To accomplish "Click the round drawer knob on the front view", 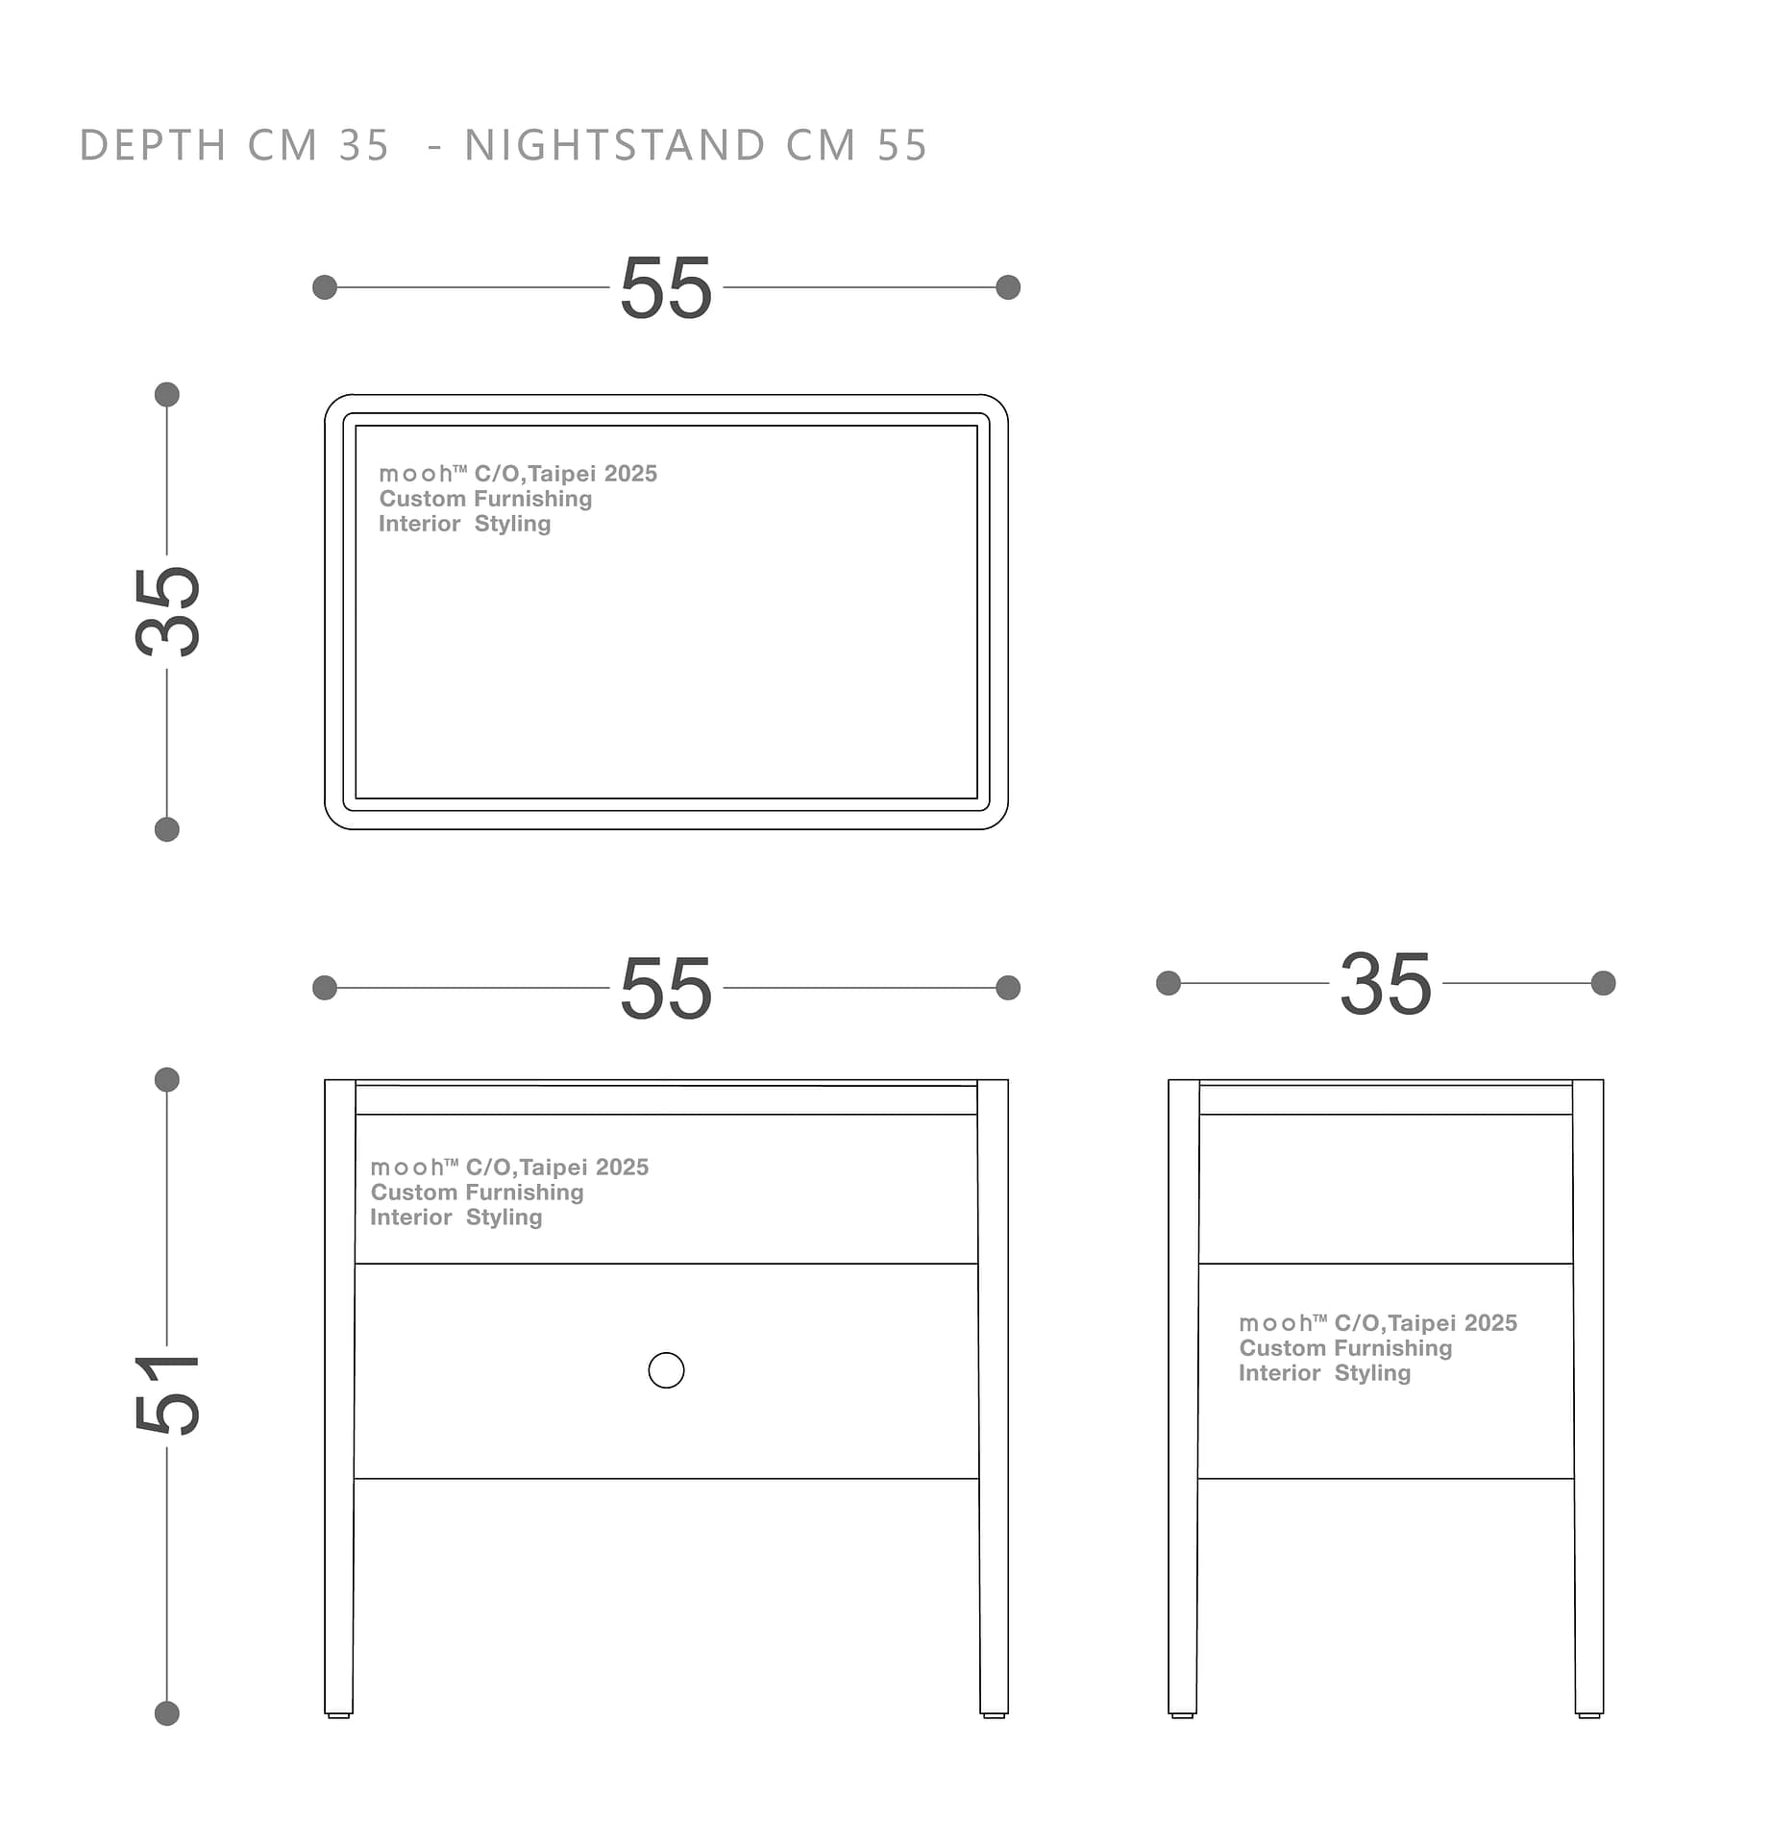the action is coord(666,1370).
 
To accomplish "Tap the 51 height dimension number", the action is coord(168,1394).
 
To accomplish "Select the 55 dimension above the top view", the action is coord(666,288).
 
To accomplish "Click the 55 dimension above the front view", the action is coord(666,989).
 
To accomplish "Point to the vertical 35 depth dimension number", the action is coord(168,611).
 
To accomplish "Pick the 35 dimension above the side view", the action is coord(1386,984).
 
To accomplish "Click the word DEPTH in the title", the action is coord(153,146).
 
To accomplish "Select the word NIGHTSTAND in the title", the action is coord(615,146).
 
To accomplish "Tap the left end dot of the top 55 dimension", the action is coord(325,287).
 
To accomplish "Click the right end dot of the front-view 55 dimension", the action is coord(1008,988).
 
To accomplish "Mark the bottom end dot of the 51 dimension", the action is coord(167,1713).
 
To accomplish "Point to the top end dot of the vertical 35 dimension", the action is coord(167,394).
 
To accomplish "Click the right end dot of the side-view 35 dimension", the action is coord(1603,983).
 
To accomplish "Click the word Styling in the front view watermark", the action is coord(504,1218).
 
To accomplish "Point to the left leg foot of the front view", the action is coord(339,1715).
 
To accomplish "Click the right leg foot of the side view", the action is coord(1589,1715).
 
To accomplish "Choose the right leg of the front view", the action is coord(994,1396).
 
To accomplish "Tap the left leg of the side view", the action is coord(1184,1396).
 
